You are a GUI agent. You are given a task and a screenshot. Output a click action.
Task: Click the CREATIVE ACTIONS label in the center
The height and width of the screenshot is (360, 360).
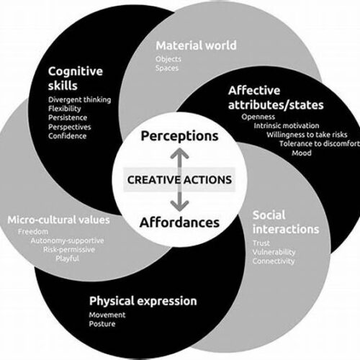coord(179,180)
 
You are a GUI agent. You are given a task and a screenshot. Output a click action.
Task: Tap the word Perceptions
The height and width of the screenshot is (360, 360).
coord(179,136)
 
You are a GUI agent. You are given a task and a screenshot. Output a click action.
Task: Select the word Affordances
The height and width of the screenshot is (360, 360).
coord(179,222)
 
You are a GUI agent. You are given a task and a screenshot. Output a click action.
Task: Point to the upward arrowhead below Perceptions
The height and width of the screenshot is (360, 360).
coord(179,153)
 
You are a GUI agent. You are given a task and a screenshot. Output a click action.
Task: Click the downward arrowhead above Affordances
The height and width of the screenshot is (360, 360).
coord(179,206)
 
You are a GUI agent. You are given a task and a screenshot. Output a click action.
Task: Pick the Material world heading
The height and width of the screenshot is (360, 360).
coord(196,45)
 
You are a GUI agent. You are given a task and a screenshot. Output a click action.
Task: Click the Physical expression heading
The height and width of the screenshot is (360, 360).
coord(143,301)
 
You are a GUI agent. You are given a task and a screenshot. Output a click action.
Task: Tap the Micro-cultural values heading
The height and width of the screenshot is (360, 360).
coord(58,220)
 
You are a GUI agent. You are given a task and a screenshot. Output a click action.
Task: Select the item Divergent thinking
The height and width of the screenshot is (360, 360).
coord(80,100)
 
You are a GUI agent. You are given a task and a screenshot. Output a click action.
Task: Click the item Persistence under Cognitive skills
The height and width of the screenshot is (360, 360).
coord(68,117)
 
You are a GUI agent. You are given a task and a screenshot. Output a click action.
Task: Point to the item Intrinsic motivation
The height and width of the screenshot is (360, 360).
coord(287,125)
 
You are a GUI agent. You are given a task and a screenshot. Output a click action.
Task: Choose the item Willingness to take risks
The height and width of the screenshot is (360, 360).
coord(307,135)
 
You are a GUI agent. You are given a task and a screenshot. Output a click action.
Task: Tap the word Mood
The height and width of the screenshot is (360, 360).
coord(302,153)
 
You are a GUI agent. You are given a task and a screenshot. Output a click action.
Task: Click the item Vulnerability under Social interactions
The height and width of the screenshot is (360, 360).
coord(274,252)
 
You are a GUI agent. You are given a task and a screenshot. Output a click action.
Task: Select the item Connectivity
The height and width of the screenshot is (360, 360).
coord(274,261)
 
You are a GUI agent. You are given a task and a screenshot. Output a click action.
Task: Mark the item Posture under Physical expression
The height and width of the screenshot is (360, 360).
coord(102,324)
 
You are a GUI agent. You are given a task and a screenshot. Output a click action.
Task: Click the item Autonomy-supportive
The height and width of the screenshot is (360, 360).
coord(67,240)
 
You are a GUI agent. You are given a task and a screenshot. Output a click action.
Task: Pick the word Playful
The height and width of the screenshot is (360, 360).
coord(67,258)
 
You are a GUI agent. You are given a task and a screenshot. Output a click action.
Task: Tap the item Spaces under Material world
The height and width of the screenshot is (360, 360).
coord(167,68)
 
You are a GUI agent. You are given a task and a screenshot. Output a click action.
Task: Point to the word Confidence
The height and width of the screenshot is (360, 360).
coord(67,136)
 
